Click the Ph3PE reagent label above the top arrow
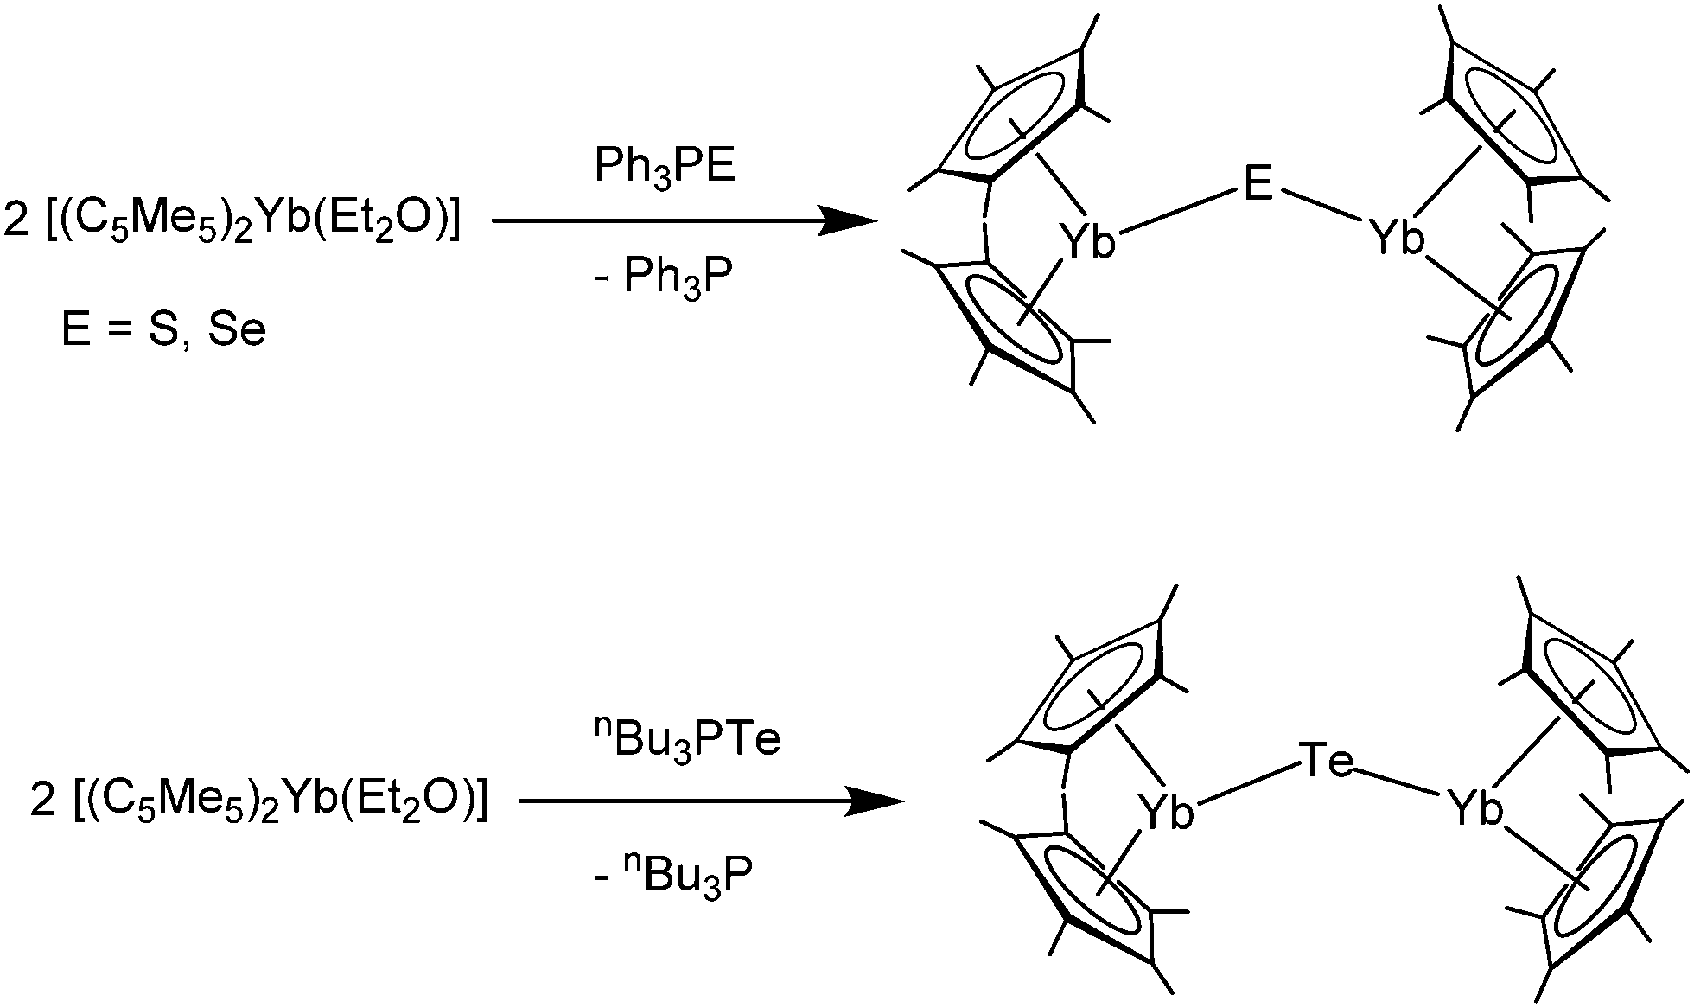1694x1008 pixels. point(665,168)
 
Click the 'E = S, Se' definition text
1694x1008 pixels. point(163,330)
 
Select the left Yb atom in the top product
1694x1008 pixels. point(1088,241)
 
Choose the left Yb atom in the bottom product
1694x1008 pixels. point(1166,813)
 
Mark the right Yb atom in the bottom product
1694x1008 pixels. point(1476,809)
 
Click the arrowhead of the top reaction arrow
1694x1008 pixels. point(847,221)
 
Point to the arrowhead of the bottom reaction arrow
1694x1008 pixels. point(874,801)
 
